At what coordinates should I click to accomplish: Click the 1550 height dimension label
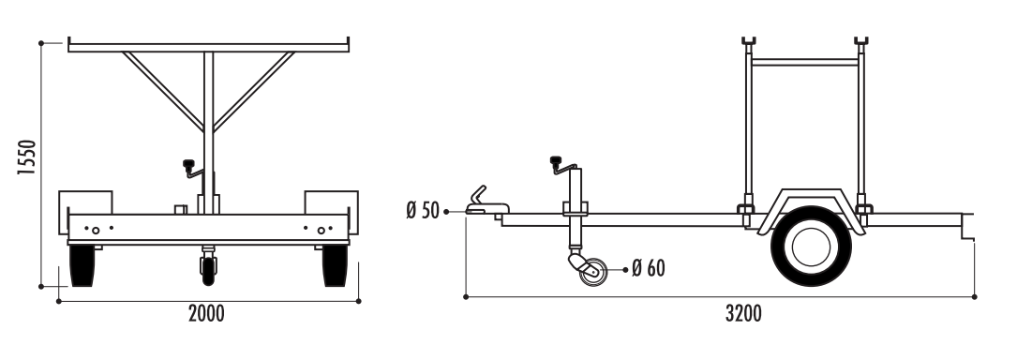[x=25, y=157]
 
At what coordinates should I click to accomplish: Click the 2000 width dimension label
[x=206, y=314]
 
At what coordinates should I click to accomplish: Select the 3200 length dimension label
[x=743, y=314]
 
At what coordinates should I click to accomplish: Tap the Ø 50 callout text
[x=423, y=211]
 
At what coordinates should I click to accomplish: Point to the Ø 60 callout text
[x=649, y=268]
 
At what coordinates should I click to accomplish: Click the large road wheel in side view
[x=811, y=247]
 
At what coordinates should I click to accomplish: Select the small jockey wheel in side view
[x=593, y=271]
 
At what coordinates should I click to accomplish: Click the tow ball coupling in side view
[x=486, y=202]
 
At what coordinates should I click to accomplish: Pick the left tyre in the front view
[x=82, y=265]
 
